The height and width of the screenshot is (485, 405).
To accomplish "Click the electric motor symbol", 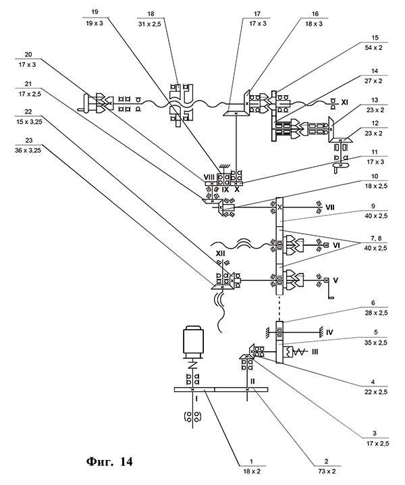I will (x=193, y=342).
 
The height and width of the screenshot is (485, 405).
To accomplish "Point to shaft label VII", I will (x=329, y=203).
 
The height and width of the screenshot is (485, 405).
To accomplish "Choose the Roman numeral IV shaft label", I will (x=329, y=332).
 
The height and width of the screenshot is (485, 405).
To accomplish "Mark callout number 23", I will (x=28, y=141).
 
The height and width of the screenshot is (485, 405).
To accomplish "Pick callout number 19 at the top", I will (x=92, y=11).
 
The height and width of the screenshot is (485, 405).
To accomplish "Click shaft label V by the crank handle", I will (x=335, y=278).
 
